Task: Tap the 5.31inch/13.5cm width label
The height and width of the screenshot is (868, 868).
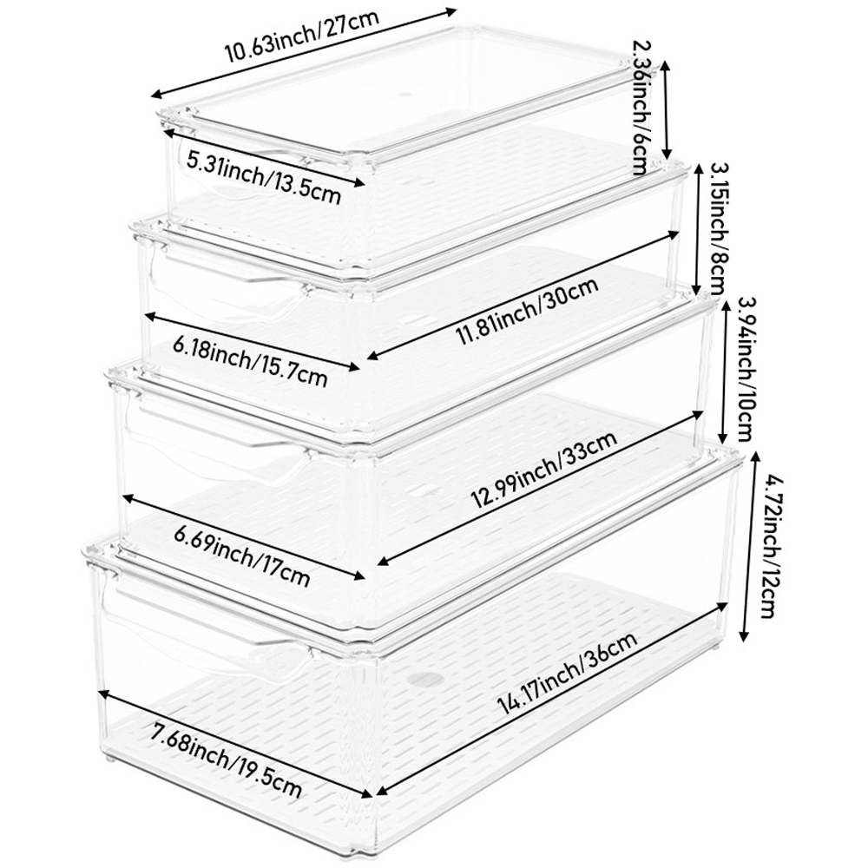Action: pos(264,177)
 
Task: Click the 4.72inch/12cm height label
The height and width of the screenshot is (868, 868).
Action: pos(765,556)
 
